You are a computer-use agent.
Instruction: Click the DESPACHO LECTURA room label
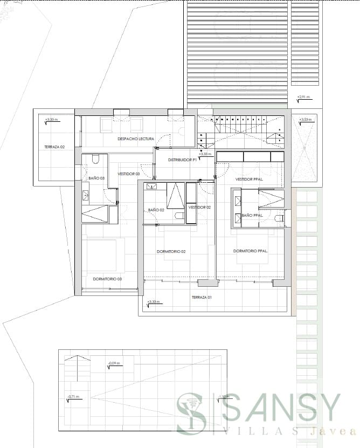(136, 139)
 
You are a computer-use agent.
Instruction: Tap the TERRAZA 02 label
(54, 147)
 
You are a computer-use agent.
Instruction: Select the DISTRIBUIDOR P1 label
(181, 160)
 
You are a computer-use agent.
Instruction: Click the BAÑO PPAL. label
(253, 216)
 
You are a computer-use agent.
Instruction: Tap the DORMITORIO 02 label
(171, 252)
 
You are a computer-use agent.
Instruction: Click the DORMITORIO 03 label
(107, 279)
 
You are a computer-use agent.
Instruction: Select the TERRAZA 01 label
(203, 298)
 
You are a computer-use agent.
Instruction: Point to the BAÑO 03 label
(96, 177)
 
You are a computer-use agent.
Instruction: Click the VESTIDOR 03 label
(129, 174)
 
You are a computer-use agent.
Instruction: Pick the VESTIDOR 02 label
(199, 207)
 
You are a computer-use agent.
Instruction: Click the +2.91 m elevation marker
(304, 97)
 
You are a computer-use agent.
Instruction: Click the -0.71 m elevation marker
(73, 397)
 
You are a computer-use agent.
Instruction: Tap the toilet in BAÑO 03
(95, 159)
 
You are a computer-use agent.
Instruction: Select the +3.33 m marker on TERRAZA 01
(154, 302)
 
